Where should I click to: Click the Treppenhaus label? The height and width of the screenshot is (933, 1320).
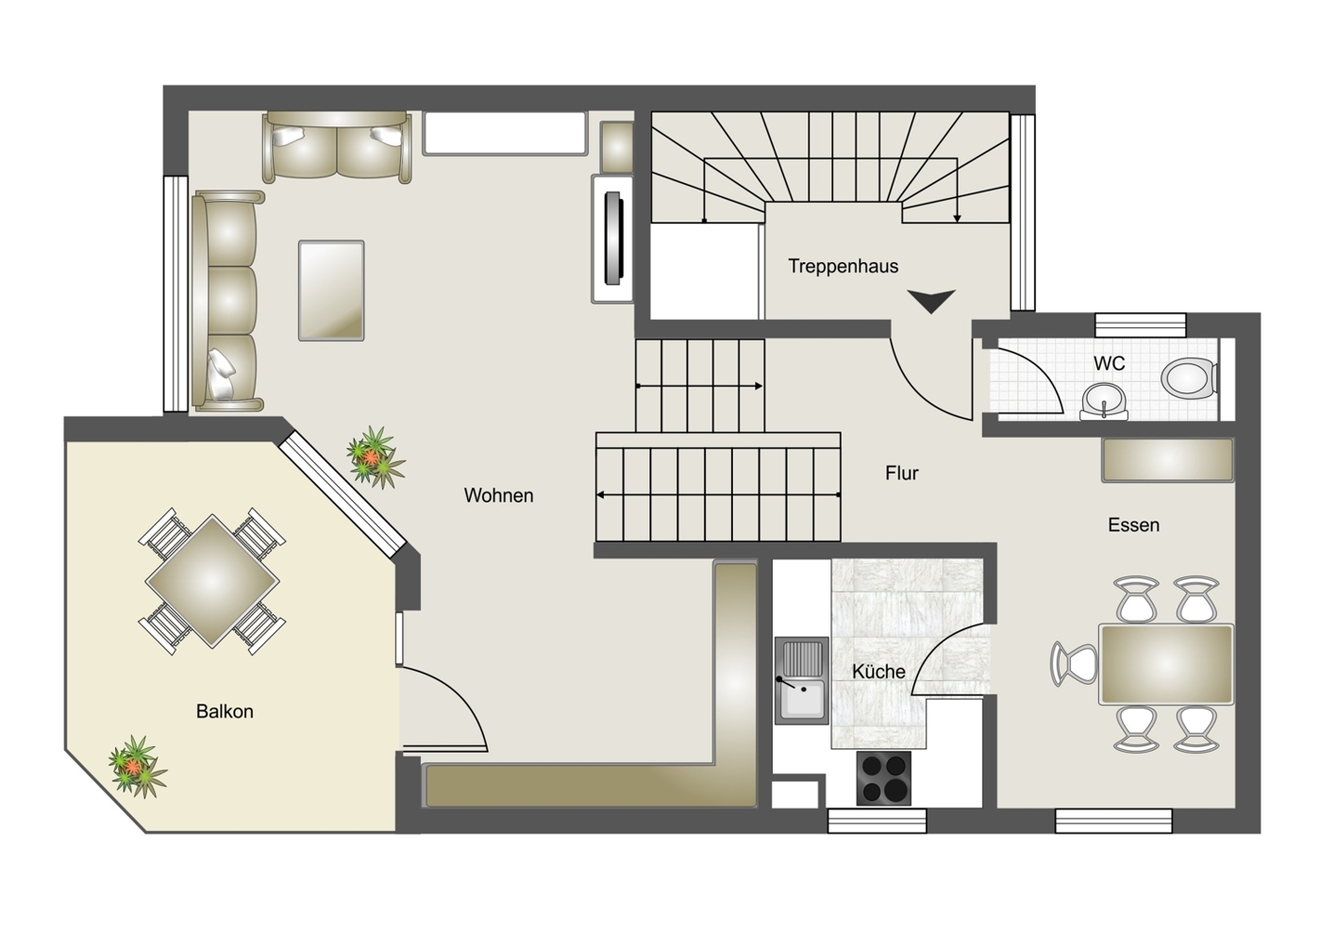tap(844, 266)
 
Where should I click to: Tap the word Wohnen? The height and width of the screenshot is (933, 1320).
tap(498, 495)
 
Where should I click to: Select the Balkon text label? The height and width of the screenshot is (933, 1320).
tap(225, 711)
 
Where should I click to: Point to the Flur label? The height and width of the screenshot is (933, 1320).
tap(902, 473)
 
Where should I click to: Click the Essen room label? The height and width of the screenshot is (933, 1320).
tap(1134, 525)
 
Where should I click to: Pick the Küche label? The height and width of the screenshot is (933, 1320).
tap(878, 671)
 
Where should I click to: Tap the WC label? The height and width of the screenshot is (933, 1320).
tap(1109, 363)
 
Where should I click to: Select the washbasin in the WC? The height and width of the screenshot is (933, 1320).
tap(1104, 401)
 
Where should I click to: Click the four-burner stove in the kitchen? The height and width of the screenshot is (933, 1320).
tap(883, 777)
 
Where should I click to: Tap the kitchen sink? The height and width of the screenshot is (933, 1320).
tap(801, 680)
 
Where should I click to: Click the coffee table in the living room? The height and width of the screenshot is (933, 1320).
tap(331, 291)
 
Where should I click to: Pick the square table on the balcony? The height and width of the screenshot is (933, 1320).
tap(212, 581)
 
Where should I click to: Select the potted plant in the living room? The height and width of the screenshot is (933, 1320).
tap(375, 458)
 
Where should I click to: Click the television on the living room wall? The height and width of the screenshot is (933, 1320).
tap(613, 239)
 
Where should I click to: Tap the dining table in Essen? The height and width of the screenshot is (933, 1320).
tap(1166, 664)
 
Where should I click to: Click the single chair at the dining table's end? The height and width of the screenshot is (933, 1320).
tap(1075, 664)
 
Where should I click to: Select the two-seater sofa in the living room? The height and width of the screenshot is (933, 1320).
tap(338, 147)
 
